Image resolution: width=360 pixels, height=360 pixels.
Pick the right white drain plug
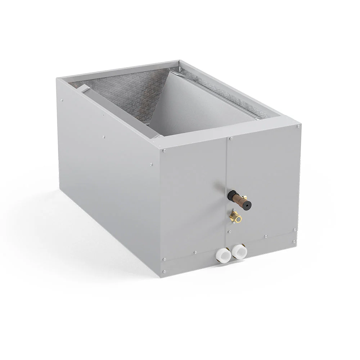point(238,251)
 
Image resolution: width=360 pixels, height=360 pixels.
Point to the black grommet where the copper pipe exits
point(231,195)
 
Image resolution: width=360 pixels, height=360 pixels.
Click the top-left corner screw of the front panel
point(164,150)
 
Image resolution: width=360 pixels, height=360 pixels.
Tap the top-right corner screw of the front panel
point(298,126)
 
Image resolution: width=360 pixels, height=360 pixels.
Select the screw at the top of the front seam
point(231,138)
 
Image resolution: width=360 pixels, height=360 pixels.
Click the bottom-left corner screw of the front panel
point(165,271)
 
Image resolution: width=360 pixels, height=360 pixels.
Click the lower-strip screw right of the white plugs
point(266,237)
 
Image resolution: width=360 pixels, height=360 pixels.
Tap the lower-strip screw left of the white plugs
point(195,252)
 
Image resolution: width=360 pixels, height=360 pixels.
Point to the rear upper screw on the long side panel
point(62,100)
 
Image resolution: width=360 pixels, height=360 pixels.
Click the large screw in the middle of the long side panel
point(104,137)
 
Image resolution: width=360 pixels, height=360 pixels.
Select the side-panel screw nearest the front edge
point(151,165)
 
